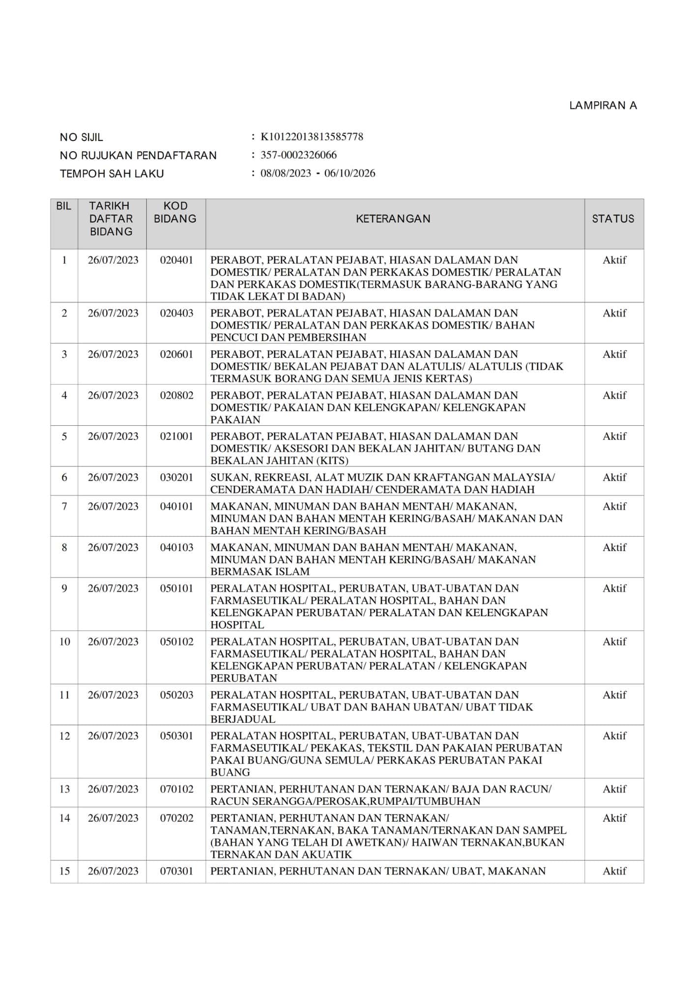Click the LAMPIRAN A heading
point(603,106)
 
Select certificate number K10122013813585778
point(312,137)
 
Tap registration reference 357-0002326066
point(298,155)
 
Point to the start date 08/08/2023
point(286,173)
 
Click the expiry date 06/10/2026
point(349,173)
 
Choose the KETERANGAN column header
point(393,219)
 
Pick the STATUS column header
point(613,219)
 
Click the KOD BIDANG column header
point(175,213)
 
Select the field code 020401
point(176,260)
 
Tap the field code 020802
point(176,395)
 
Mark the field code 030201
point(176,477)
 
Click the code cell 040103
point(176,547)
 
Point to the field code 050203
point(176,695)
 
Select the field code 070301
point(176,871)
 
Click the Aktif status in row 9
point(614,588)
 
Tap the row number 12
point(64,736)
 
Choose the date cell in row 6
point(113,477)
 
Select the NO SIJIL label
point(82,137)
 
